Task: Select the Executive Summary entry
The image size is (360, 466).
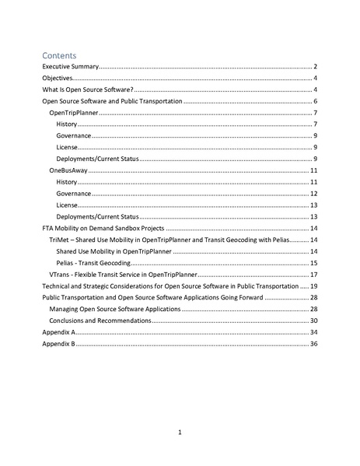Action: [x=65, y=68]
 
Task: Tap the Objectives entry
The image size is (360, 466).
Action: [x=57, y=79]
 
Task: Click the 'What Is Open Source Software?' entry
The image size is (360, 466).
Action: [x=88, y=90]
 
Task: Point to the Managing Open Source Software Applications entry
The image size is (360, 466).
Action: [x=115, y=309]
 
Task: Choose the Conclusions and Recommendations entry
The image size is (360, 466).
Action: [x=101, y=321]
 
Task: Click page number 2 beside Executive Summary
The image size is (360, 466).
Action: [x=315, y=68]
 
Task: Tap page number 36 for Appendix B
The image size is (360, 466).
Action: [x=313, y=343]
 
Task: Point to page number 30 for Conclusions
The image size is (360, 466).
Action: [x=313, y=321]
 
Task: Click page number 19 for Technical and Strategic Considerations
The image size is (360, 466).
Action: [x=313, y=286]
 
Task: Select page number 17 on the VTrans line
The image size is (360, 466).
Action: [x=313, y=275]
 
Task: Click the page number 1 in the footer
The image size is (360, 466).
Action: [x=180, y=432]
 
